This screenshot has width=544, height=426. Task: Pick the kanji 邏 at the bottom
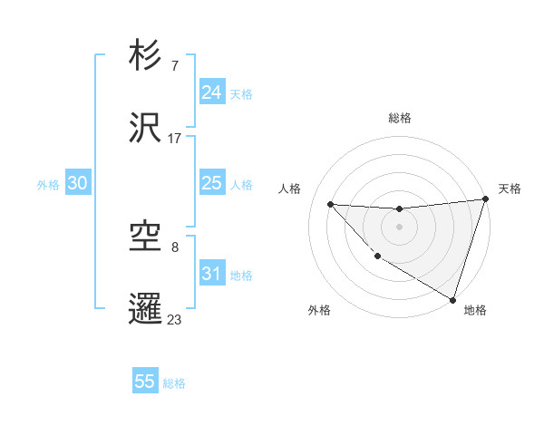click(x=145, y=307)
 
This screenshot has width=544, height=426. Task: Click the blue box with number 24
click(x=211, y=92)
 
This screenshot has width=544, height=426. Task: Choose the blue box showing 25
click(x=211, y=183)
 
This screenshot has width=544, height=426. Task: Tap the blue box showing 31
click(x=211, y=274)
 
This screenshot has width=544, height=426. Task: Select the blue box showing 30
click(x=77, y=183)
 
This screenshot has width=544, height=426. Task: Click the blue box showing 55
click(x=145, y=382)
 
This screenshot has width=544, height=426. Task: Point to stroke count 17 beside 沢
click(x=175, y=139)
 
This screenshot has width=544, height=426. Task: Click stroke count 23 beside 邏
click(x=175, y=318)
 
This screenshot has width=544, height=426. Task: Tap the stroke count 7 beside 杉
click(x=174, y=66)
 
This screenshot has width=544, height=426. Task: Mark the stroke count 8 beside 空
click(x=174, y=247)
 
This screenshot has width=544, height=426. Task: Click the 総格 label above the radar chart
click(x=400, y=118)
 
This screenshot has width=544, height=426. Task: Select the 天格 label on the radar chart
click(x=510, y=189)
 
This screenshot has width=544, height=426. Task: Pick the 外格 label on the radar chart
click(x=319, y=310)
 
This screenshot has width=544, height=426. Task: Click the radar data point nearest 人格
click(x=330, y=204)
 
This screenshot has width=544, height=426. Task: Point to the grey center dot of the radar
click(x=399, y=227)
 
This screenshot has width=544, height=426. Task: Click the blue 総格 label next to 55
click(x=174, y=382)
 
